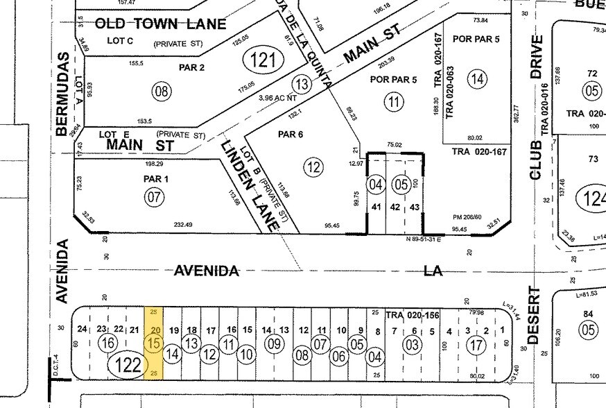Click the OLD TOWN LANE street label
pos(160,24)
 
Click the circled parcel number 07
pos(155,198)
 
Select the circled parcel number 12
pos(313,166)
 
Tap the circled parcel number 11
pos(394,102)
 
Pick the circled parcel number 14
pos(476,78)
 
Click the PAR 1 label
pos(155,179)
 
